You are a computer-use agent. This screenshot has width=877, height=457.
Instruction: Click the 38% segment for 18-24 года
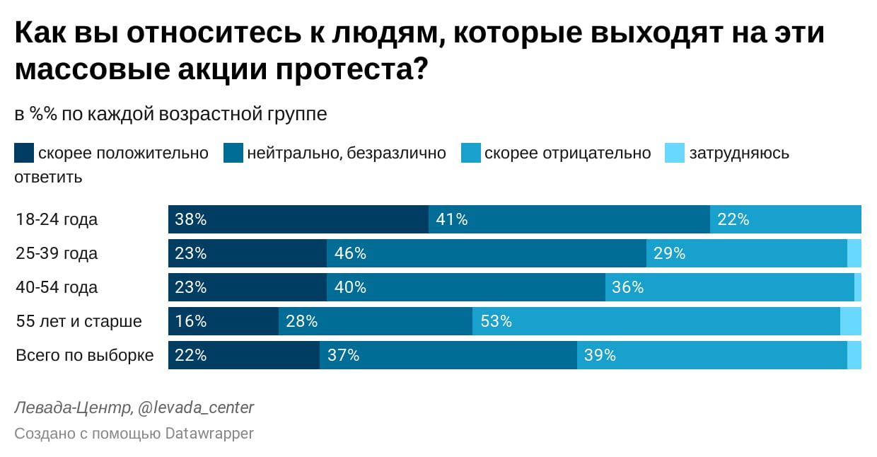coord(298,219)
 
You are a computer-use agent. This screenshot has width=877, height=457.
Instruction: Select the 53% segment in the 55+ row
coord(656,321)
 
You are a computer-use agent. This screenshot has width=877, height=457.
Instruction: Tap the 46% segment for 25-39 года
coord(486,253)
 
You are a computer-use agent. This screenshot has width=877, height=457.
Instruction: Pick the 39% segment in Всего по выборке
coord(712,355)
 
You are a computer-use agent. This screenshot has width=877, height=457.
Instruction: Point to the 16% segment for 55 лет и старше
coord(223,321)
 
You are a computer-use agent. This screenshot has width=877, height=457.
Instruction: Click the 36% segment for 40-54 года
coord(729,287)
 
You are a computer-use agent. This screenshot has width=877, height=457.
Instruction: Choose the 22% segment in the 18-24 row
coord(785,219)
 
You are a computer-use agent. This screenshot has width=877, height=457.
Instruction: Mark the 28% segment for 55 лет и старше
coord(375,321)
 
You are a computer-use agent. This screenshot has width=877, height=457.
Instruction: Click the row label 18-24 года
coord(57,219)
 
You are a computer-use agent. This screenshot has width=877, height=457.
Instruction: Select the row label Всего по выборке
coord(84,355)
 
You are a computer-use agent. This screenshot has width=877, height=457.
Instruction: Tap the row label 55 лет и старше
coord(79,321)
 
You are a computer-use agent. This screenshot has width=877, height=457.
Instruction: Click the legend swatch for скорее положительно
coord(24,153)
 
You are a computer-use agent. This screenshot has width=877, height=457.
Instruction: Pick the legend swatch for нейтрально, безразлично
coord(233,153)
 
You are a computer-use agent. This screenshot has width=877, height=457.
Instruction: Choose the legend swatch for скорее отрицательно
coord(471,153)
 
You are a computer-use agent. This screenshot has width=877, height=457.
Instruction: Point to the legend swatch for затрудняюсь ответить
coord(675,153)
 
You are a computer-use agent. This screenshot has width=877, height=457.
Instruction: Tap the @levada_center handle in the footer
coord(195,407)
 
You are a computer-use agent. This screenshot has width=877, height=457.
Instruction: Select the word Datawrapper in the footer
coord(209,433)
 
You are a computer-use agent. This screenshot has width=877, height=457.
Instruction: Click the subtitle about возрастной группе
coord(170,115)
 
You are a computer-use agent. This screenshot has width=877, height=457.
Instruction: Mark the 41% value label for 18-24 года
coord(452,219)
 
